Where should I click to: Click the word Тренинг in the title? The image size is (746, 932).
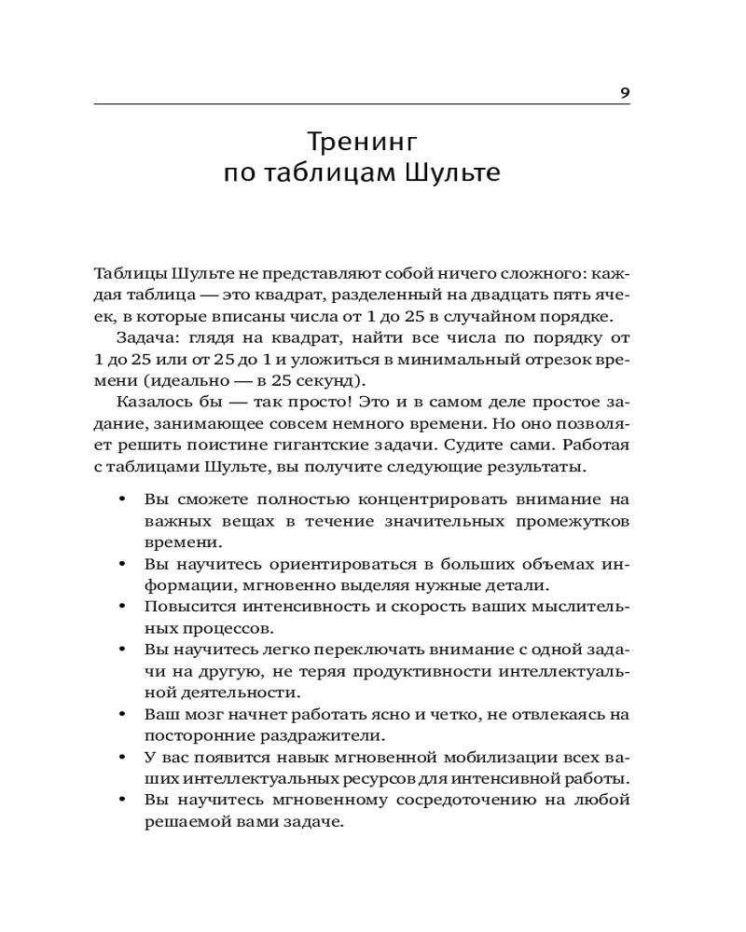click(x=361, y=142)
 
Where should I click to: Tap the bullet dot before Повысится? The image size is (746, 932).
click(x=122, y=607)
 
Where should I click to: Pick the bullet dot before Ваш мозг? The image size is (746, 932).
click(x=122, y=714)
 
